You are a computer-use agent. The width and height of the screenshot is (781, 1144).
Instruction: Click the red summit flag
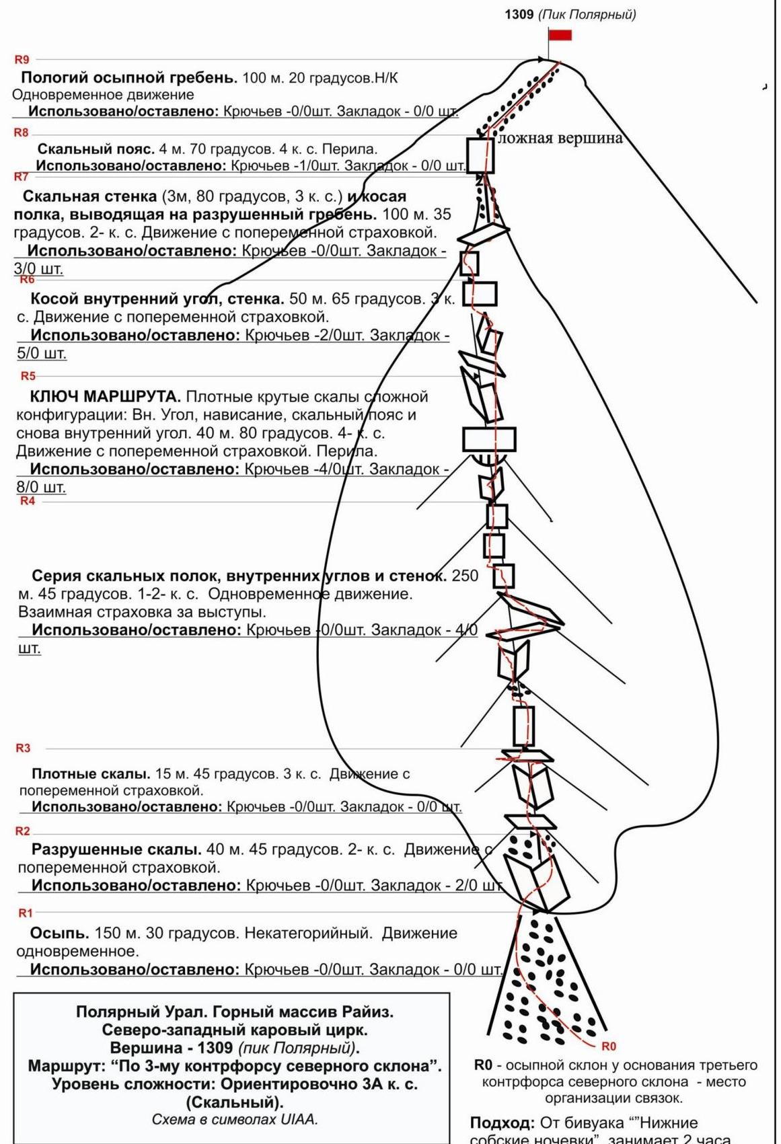click(560, 35)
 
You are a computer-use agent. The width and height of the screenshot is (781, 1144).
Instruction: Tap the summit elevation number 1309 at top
click(519, 14)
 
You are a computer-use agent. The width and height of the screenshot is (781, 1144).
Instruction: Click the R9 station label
click(22, 60)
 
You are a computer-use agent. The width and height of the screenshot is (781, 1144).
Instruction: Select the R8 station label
click(22, 133)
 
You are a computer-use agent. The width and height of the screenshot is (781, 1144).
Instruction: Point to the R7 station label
click(22, 177)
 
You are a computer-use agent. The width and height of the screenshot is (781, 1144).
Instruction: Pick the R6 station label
click(27, 279)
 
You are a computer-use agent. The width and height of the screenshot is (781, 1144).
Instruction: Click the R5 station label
click(28, 376)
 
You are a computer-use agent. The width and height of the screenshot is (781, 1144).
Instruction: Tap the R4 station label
click(27, 501)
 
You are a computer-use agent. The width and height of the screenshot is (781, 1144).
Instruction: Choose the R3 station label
click(23, 748)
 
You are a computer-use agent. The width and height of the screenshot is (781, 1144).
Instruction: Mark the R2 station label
click(23, 831)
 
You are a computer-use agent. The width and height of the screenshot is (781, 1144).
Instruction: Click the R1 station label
click(25, 913)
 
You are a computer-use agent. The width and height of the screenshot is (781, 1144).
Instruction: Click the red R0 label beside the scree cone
click(608, 1046)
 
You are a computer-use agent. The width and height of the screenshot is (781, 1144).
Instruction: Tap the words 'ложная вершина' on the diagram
click(560, 139)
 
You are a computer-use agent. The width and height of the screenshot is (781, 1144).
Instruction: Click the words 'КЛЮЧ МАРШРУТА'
click(105, 397)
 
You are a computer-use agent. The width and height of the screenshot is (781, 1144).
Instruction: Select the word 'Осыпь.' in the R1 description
click(59, 933)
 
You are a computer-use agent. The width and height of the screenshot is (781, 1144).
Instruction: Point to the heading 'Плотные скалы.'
click(91, 774)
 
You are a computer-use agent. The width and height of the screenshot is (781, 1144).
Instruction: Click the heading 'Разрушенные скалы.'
click(116, 849)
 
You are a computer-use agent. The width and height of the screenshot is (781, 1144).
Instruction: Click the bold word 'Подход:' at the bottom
click(502, 1123)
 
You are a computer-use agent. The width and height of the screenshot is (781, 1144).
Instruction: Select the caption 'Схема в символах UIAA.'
click(234, 1120)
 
